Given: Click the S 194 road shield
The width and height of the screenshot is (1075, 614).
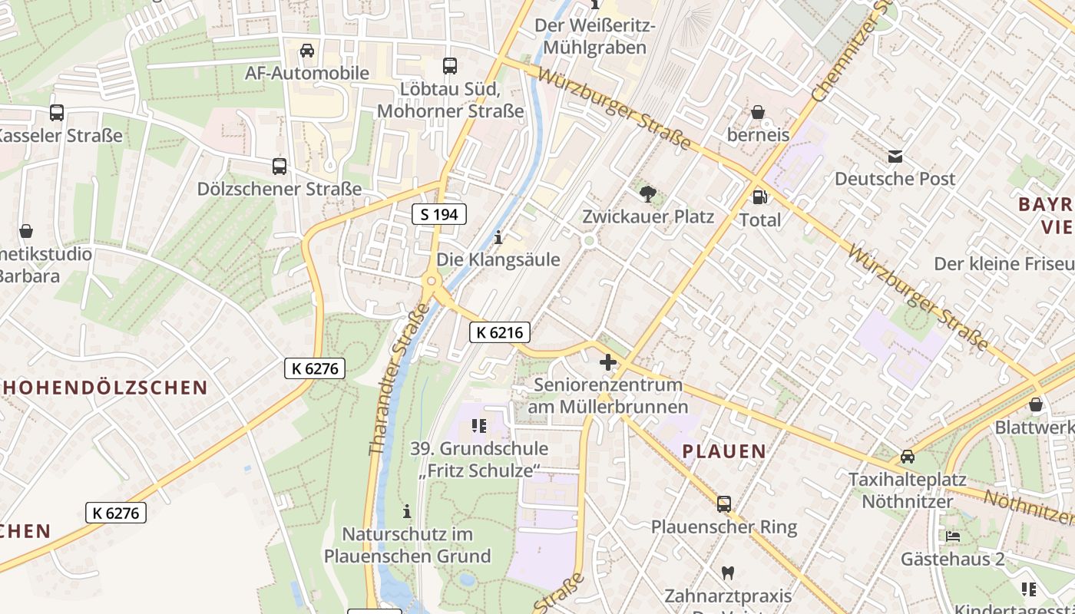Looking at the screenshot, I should point(439,215).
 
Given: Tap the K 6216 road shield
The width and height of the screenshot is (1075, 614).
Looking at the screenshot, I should point(499,332).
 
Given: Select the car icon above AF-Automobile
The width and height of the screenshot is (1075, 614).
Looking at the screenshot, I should point(307,51).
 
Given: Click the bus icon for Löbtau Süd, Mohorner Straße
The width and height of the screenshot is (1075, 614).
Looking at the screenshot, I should point(450,66).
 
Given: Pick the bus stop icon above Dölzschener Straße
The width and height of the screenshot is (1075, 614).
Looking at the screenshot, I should point(279,167).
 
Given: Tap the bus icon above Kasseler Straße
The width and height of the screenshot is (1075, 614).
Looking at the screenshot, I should point(57,113).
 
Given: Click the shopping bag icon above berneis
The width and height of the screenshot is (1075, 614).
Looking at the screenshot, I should point(758,113).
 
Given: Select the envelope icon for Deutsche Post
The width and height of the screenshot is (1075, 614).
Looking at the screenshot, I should point(895,157).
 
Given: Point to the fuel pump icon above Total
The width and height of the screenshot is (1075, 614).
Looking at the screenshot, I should point(759,197).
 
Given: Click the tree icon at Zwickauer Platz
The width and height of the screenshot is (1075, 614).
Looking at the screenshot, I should point(648,194).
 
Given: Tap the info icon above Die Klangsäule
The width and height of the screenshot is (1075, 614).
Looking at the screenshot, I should point(498,238).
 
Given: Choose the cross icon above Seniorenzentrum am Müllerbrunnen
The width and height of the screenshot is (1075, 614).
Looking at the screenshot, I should point(607,361).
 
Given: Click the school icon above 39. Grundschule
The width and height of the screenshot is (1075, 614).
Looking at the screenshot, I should point(479,426).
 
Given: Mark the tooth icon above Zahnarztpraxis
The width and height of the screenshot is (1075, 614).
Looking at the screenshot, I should point(728,573).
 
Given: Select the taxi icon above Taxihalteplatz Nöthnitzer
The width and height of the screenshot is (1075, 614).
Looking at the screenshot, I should point(907,457).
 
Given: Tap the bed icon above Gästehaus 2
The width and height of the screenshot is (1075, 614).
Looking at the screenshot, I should point(953,536).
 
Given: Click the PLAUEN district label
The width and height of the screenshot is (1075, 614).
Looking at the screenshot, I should point(724,451).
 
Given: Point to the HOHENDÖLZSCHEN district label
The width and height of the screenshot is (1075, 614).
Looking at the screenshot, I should point(104,387).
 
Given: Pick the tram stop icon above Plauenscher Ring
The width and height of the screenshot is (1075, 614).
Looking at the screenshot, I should point(723,504).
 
